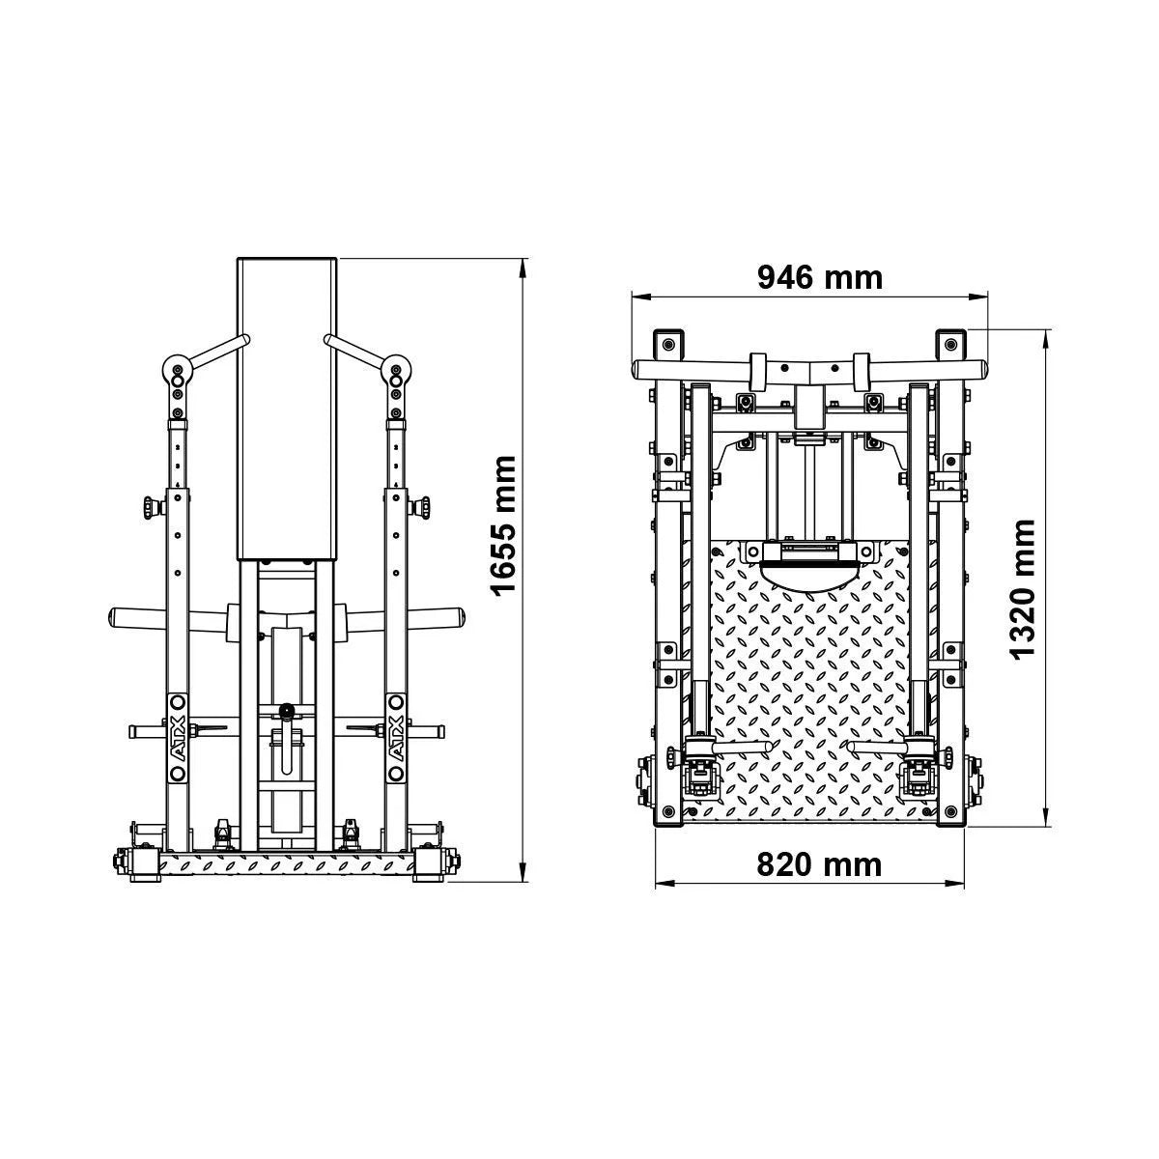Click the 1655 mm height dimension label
(503, 526)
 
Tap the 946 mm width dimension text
(820, 278)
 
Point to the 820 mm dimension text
(819, 864)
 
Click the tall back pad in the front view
(287, 410)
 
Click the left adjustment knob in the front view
(153, 506)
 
